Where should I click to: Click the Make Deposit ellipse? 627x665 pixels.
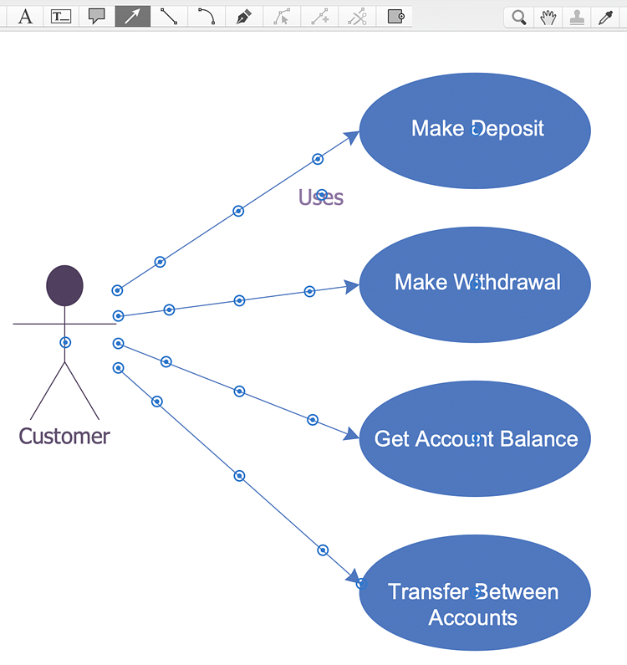pyautogui.click(x=475, y=130)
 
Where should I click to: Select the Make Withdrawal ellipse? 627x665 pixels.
pyautogui.click(x=475, y=284)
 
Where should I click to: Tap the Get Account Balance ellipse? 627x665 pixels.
pyautogui.click(x=475, y=438)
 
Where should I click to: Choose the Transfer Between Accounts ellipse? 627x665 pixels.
pyautogui.click(x=475, y=592)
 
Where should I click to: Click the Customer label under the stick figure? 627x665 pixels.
pyautogui.click(x=64, y=436)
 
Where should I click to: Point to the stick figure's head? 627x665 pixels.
pyautogui.click(x=64, y=285)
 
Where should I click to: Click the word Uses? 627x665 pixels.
pyautogui.click(x=321, y=197)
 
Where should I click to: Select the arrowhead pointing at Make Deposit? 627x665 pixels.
pyautogui.click(x=352, y=137)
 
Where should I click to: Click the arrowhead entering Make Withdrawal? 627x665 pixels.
pyautogui.click(x=352, y=287)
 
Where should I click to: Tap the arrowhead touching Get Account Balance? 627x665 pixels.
pyautogui.click(x=352, y=434)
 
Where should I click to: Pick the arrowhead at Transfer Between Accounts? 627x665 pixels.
pyautogui.click(x=353, y=576)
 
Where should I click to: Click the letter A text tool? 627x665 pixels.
pyautogui.click(x=25, y=17)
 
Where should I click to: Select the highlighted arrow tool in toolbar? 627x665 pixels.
pyautogui.click(x=133, y=17)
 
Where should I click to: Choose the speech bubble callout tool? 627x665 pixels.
pyautogui.click(x=97, y=16)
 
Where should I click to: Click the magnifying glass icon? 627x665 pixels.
pyautogui.click(x=519, y=18)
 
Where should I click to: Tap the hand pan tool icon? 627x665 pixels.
pyautogui.click(x=548, y=18)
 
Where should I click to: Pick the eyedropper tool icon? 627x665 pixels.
pyautogui.click(x=605, y=18)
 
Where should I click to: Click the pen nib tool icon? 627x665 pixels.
pyautogui.click(x=243, y=17)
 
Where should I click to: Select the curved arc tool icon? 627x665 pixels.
pyautogui.click(x=206, y=16)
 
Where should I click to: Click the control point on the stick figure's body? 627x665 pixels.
pyautogui.click(x=65, y=342)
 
